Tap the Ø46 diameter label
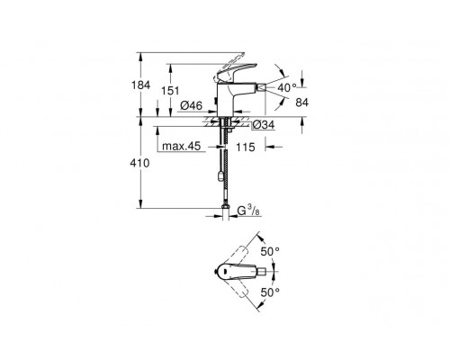point(190,106)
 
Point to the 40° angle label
point(286,86)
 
